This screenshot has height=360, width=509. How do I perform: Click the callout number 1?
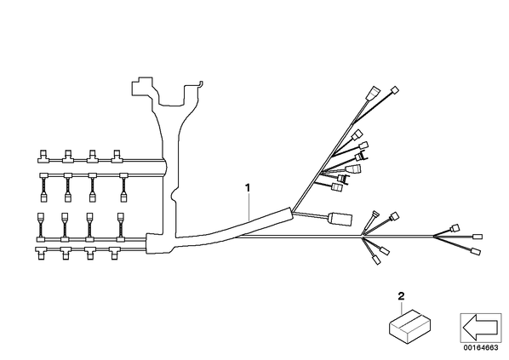(x=248, y=187)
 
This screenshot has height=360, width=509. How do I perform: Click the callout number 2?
(x=401, y=295)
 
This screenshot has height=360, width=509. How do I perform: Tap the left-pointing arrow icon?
(x=480, y=328)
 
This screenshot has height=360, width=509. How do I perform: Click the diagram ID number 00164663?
(x=481, y=348)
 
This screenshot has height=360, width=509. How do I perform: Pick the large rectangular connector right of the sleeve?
(x=340, y=219)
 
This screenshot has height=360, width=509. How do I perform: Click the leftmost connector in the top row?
(x=43, y=156)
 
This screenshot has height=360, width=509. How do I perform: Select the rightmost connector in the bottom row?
(x=114, y=254)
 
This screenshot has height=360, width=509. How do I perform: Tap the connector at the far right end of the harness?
(x=478, y=237)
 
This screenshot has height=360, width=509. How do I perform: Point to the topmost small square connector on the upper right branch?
(x=395, y=90)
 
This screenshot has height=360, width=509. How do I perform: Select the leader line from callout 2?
(x=402, y=307)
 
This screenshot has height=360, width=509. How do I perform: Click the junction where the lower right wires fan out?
(x=362, y=237)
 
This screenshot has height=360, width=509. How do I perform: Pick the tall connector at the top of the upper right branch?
(x=374, y=93)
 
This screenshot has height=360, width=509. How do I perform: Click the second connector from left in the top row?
(x=68, y=156)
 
